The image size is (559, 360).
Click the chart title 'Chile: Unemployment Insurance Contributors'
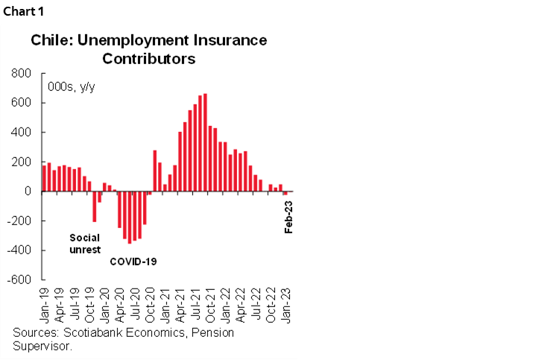148,48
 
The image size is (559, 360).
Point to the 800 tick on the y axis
22,74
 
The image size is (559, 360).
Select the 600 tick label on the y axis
22,103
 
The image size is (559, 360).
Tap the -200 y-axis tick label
19,221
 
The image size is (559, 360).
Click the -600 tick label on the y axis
19,280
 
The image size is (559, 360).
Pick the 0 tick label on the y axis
28,192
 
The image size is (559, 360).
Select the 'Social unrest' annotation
84,244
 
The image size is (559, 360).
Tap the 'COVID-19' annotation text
133,262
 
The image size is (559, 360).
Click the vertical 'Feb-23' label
289,216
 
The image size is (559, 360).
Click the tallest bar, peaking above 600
205,142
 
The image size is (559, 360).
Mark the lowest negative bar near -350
129,217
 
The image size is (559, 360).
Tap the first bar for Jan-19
44,178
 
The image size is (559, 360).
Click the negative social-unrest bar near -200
94,206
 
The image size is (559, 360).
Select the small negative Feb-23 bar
285,193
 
